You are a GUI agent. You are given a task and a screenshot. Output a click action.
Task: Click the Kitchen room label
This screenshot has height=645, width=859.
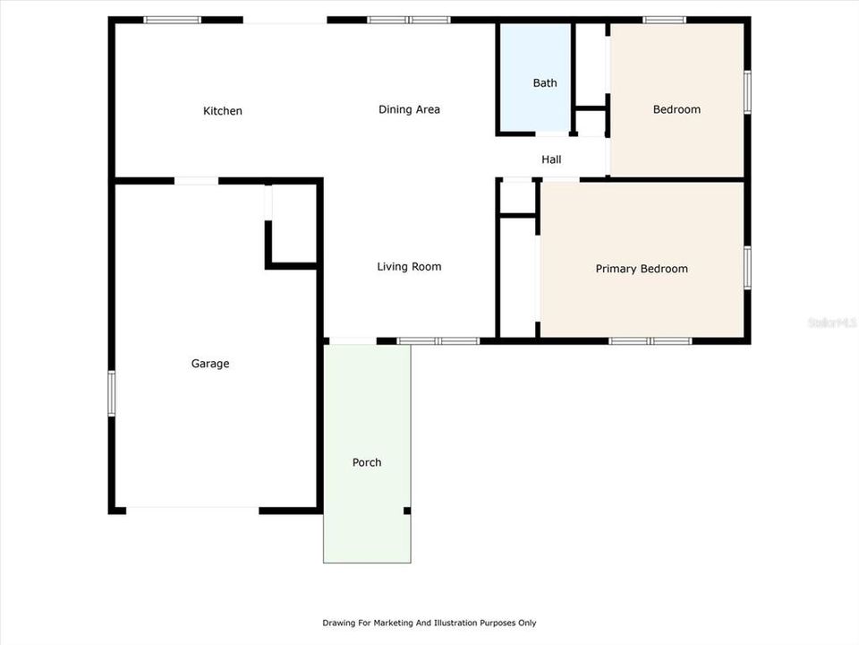pyautogui.click(x=223, y=111)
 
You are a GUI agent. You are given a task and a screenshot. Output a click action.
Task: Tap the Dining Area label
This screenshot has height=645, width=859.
pyautogui.click(x=409, y=109)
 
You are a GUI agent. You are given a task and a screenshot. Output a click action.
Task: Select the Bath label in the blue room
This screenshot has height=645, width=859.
pyautogui.click(x=545, y=83)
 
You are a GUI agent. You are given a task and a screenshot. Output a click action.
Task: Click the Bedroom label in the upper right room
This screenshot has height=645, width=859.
pyautogui.click(x=676, y=109)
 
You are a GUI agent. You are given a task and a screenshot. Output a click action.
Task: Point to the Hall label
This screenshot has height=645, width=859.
pyautogui.click(x=551, y=159)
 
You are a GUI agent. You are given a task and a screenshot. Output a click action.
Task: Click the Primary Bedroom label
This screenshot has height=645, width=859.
pyautogui.click(x=642, y=269)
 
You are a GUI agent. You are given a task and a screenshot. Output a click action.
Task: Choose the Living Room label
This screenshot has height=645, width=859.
pyautogui.click(x=409, y=266)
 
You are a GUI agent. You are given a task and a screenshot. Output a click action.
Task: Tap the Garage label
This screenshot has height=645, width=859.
pyautogui.click(x=210, y=364)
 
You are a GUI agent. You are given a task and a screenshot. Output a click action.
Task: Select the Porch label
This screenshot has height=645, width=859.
pyautogui.click(x=367, y=462)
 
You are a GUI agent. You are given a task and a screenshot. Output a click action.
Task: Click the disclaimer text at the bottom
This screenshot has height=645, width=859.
pyautogui.click(x=429, y=623)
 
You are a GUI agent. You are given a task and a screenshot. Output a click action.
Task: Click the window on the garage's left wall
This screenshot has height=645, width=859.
pyautogui.click(x=112, y=393)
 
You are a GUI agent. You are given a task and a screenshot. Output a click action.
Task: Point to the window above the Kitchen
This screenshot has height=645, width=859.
pyautogui.click(x=173, y=20)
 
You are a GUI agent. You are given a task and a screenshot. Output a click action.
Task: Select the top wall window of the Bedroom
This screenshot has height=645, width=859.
pyautogui.click(x=665, y=20)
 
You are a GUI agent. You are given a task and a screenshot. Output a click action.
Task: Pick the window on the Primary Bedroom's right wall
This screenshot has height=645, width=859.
pyautogui.click(x=747, y=268)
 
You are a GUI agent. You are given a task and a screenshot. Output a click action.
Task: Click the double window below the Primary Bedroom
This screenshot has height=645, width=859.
pyautogui.click(x=651, y=340)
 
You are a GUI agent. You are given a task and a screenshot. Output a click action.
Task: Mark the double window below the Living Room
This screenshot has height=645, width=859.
pyautogui.click(x=438, y=340)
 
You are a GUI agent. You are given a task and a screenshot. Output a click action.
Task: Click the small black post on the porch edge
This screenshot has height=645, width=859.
pyautogui.click(x=407, y=511)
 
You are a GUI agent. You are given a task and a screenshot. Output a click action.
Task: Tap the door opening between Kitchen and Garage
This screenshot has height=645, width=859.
pyautogui.click(x=196, y=181)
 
